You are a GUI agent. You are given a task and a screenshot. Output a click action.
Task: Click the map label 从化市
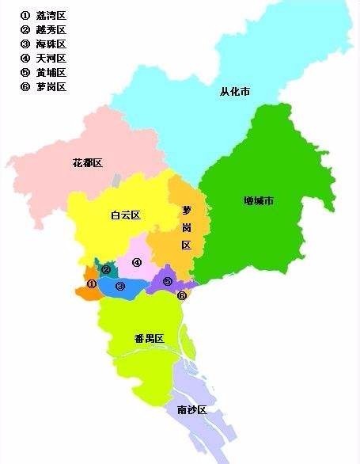pyautogui.click(x=235, y=93)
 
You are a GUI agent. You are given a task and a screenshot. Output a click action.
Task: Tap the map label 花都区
pyautogui.click(x=88, y=163)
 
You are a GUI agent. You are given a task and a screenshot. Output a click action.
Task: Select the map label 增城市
pyautogui.click(x=259, y=201)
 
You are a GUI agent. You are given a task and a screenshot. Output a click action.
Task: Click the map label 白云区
pyautogui.click(x=125, y=215)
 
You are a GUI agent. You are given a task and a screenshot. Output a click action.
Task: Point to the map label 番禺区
pyautogui.click(x=149, y=339)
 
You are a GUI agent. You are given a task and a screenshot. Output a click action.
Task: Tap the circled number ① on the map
pyautogui.click(x=91, y=283)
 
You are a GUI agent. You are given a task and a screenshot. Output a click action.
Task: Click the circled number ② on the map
pyautogui.click(x=105, y=270)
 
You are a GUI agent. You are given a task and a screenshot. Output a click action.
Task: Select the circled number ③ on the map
pyautogui.click(x=120, y=287)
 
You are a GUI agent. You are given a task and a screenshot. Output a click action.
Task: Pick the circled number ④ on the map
pyautogui.click(x=136, y=263)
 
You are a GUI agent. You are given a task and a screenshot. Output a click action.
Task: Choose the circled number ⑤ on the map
pyautogui.click(x=167, y=282)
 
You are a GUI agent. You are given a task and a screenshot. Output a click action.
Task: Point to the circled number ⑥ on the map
pyautogui.click(x=182, y=296)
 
